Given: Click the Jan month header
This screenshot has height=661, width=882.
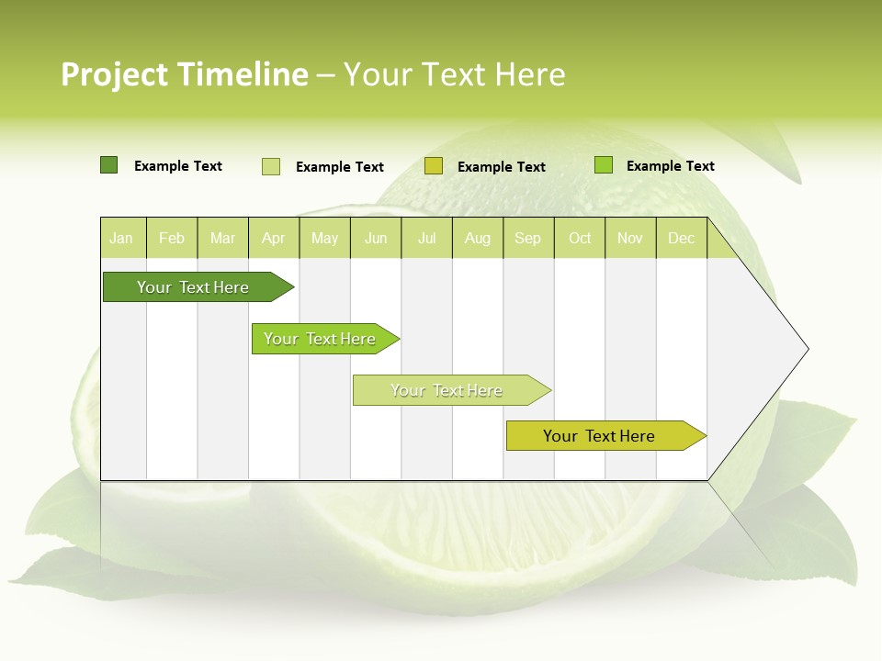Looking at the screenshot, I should pos(121,238).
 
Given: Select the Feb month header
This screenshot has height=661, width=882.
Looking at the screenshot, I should pos(172,238).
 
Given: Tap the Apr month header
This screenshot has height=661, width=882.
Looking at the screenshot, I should pos(274,238).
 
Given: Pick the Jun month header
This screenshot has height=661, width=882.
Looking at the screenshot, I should pos(376,238).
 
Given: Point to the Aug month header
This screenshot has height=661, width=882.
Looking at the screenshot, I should pos(478,238).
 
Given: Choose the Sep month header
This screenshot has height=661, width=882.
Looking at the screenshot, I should pos(528,238).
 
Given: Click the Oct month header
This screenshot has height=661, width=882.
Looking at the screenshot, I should pos(580,238).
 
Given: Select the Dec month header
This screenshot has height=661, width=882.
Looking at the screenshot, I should pos(682,238).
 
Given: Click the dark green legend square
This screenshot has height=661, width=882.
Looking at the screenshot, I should pos(108,165).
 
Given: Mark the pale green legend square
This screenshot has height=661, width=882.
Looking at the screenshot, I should pos(271,166).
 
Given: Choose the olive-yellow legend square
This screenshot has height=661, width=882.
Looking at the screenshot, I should pos(434,166).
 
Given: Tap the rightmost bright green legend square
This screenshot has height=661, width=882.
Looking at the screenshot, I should pos(604,165).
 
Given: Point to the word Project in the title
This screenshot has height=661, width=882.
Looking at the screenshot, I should pos(115,74).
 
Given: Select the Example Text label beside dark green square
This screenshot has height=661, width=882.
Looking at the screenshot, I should pos(178,166).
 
